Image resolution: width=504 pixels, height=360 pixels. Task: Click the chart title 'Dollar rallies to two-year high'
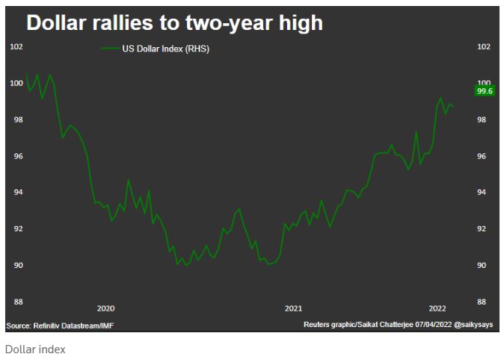pos(174,22)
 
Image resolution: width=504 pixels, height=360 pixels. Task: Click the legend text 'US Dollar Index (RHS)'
pos(165,48)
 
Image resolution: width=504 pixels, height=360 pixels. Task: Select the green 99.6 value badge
pos(485,91)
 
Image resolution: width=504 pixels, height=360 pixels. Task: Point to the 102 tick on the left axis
pos(16,46)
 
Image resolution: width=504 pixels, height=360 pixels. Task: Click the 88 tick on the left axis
pos(16,302)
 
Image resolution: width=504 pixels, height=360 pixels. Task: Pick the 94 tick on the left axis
pos(16,192)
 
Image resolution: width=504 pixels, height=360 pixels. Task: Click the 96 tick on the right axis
pos(482,156)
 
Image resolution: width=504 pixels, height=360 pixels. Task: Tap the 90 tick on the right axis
pos(482,266)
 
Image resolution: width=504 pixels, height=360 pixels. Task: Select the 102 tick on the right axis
pos(483,46)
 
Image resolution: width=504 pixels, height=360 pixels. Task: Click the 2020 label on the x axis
pos(105,308)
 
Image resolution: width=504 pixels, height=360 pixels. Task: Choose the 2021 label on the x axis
pos(293,308)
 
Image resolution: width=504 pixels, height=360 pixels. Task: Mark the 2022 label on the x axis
pos(437,308)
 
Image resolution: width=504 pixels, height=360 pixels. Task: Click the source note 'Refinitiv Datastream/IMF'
pos(73,326)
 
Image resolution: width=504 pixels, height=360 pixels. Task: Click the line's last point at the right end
pos(453,106)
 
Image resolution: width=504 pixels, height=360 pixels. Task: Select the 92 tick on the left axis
pos(16,229)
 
